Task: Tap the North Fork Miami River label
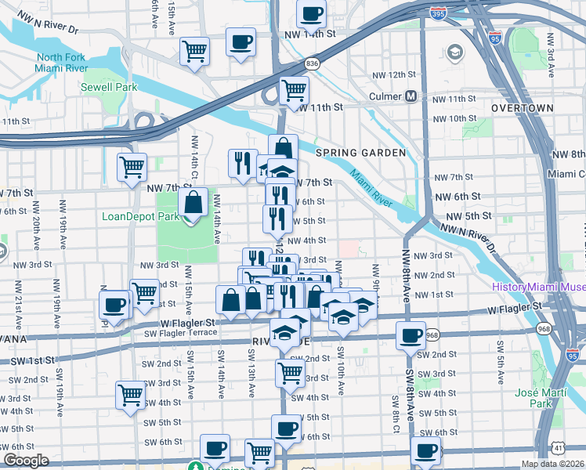point(60,63)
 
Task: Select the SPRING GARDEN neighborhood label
point(360,153)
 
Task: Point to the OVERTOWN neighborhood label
point(523,107)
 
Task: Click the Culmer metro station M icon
point(410,97)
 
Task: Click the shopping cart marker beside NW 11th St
point(293,91)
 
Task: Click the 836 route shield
point(313,63)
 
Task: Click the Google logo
point(26,461)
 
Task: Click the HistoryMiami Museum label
point(538,287)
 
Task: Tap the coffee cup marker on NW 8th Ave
point(411,336)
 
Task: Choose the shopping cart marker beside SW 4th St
point(130,396)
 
